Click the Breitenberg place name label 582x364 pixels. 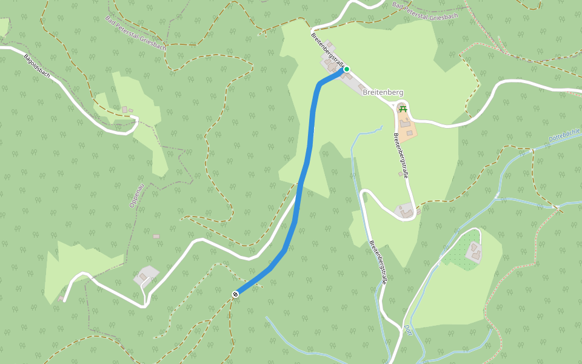point(383,92)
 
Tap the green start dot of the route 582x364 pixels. point(347,69)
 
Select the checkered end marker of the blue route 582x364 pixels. point(235,294)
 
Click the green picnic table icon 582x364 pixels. point(403,109)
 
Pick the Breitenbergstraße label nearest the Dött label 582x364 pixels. point(378,262)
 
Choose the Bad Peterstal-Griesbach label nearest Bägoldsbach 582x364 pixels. point(136,34)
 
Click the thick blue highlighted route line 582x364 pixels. point(306,164)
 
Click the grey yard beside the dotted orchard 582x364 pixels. point(474,252)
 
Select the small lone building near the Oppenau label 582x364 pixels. point(156,236)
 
